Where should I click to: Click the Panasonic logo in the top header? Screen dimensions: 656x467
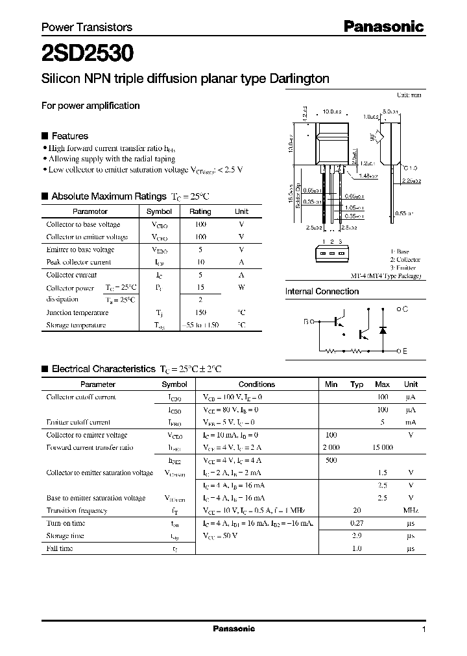pos(383,27)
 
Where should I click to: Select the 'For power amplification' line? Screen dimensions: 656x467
pos(90,106)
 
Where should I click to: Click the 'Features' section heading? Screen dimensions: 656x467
pos(69,136)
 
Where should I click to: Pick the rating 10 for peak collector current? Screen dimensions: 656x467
pos(200,263)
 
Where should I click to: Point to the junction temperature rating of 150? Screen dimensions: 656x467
pos(200,312)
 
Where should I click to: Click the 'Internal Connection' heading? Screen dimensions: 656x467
pos(322,292)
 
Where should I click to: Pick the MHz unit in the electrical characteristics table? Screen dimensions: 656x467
pos(411,511)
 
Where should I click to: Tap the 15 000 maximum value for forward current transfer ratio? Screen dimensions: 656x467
pos(383,448)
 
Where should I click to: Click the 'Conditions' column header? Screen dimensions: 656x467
pos(257,384)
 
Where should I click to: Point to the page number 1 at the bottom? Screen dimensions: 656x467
pos(424,629)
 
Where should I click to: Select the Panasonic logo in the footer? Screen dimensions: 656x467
pos(234,629)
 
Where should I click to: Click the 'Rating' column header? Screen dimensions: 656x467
pos(200,211)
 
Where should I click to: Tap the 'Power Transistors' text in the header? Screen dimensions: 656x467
pos(87,27)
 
